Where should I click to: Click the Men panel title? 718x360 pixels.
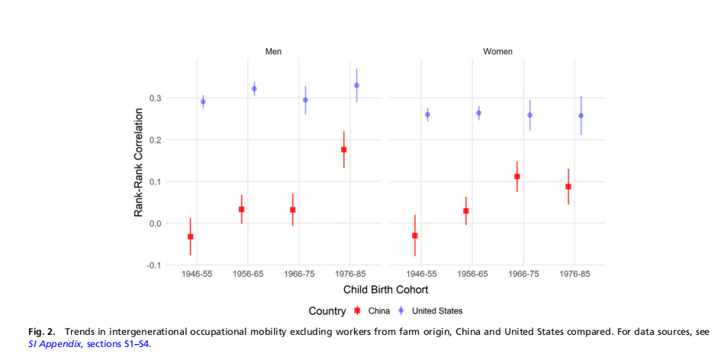(x=272, y=52)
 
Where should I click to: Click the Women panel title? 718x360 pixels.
(x=497, y=52)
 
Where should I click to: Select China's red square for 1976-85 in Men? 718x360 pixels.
(x=344, y=149)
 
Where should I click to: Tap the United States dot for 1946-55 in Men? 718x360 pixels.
(x=203, y=101)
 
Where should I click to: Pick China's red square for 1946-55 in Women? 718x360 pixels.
(x=415, y=236)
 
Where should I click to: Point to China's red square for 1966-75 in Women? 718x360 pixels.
(x=517, y=176)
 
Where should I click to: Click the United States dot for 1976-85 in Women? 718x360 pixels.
(x=581, y=116)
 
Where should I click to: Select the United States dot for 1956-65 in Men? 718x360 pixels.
(x=254, y=88)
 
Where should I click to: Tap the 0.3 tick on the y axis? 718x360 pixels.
(x=155, y=98)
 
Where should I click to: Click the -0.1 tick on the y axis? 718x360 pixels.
(x=153, y=265)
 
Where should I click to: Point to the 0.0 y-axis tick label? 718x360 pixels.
(x=155, y=223)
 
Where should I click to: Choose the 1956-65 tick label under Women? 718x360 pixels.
(x=472, y=274)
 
